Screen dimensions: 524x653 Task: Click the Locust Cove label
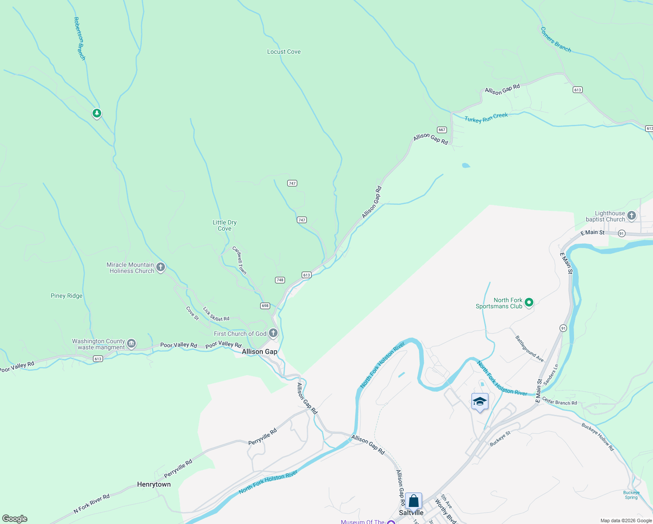pyautogui.click(x=284, y=52)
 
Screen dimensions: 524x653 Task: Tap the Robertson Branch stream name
pyautogui.click(x=79, y=38)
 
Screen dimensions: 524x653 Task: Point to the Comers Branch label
pyautogui.click(x=556, y=40)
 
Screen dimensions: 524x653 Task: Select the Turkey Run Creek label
pyautogui.click(x=486, y=118)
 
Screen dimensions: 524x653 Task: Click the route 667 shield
pyautogui.click(x=442, y=130)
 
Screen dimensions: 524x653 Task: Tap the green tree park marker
pyautogui.click(x=96, y=114)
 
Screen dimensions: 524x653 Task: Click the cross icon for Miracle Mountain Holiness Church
pyautogui.click(x=161, y=267)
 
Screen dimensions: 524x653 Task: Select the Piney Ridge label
pyautogui.click(x=66, y=296)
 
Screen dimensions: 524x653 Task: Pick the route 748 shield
pyautogui.click(x=280, y=280)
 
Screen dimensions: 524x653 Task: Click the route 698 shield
pyautogui.click(x=265, y=306)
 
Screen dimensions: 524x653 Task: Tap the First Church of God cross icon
pyautogui.click(x=273, y=334)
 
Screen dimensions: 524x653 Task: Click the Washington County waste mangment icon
pyautogui.click(x=131, y=344)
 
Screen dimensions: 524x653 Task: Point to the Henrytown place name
pyautogui.click(x=154, y=484)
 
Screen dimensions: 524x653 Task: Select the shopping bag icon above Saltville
pyautogui.click(x=413, y=501)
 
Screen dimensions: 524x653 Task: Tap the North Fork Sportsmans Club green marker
pyautogui.click(x=529, y=302)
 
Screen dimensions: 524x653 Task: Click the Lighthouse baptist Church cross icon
pyautogui.click(x=632, y=216)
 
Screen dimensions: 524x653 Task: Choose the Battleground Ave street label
pyautogui.click(x=529, y=348)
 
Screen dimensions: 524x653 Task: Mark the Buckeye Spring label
pyautogui.click(x=631, y=495)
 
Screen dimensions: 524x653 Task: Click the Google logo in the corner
pyautogui.click(x=15, y=519)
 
